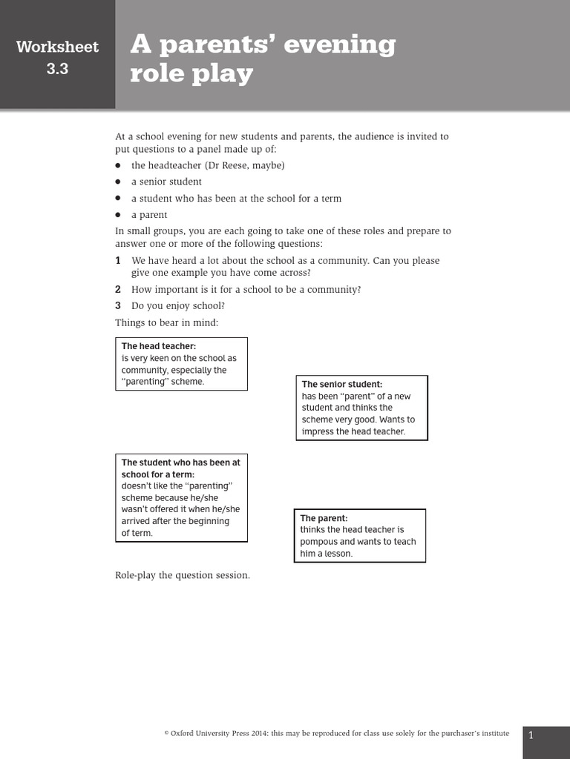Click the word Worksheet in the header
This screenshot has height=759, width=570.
[57, 47]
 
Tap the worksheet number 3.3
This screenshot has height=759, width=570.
[57, 71]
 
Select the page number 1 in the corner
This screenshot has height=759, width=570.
[531, 735]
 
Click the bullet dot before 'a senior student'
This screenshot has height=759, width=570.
[118, 182]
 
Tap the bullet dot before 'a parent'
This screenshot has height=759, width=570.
[118, 215]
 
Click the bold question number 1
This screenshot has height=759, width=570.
[118, 261]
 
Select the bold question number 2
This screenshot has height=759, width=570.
[118, 290]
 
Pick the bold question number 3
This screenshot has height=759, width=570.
[118, 305]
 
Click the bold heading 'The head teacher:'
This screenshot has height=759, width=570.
[159, 346]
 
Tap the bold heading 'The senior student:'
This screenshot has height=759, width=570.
[342, 384]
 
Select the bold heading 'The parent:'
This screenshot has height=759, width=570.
[324, 518]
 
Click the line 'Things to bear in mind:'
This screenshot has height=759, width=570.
[167, 322]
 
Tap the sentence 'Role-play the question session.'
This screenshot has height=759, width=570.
[183, 575]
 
